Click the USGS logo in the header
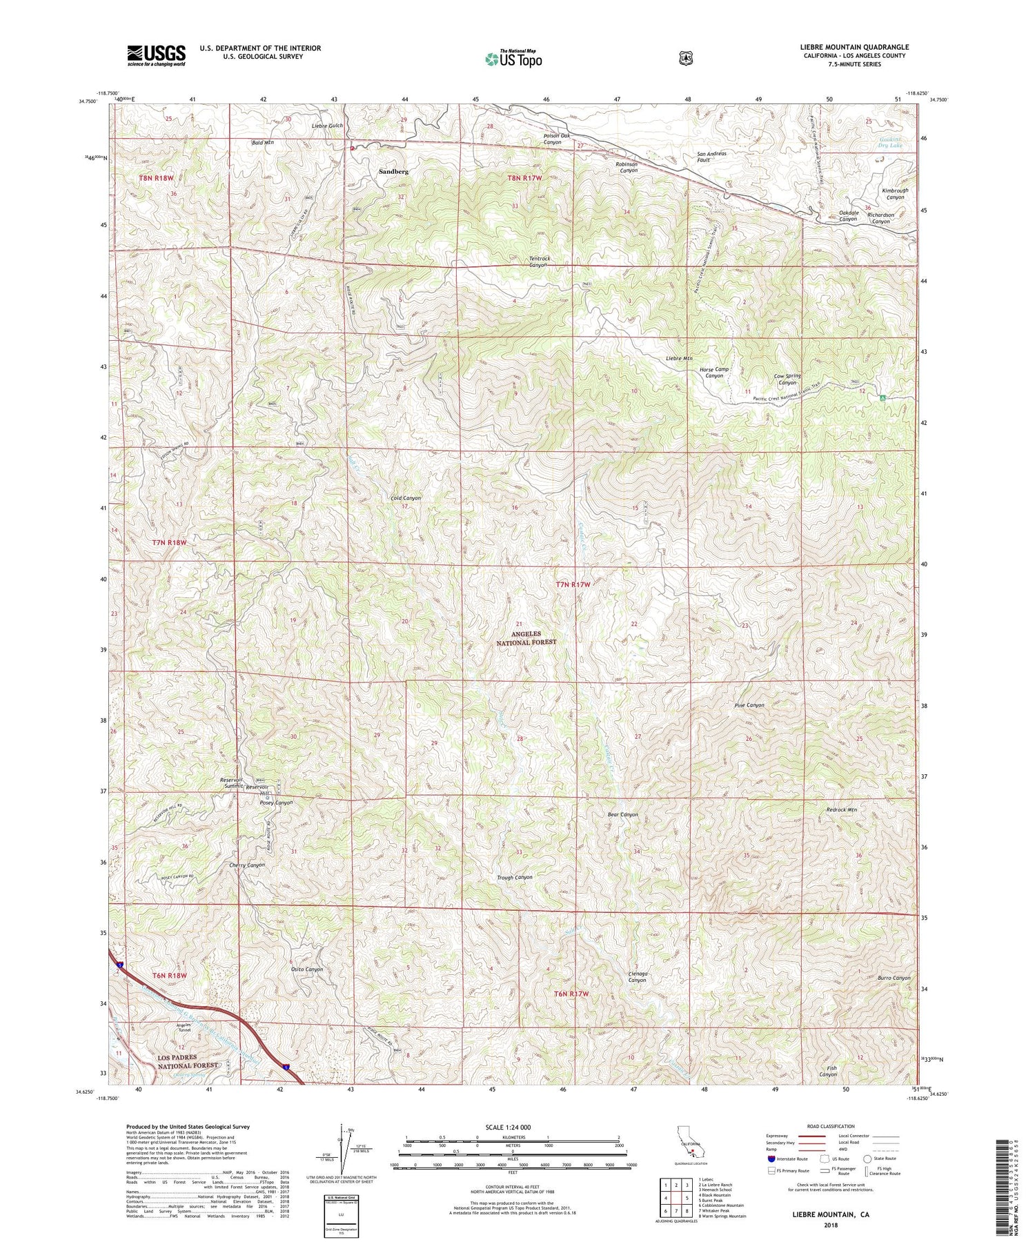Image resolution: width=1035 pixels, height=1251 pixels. point(156,55)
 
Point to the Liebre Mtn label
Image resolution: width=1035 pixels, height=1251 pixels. point(679,359)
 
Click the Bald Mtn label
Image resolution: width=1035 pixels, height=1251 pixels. point(263,143)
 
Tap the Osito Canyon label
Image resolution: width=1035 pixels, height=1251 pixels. point(306,969)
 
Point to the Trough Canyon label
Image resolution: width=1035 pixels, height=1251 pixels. point(514,878)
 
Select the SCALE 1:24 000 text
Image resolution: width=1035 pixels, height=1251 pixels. point(513,1127)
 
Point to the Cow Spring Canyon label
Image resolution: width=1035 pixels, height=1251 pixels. point(787,380)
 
